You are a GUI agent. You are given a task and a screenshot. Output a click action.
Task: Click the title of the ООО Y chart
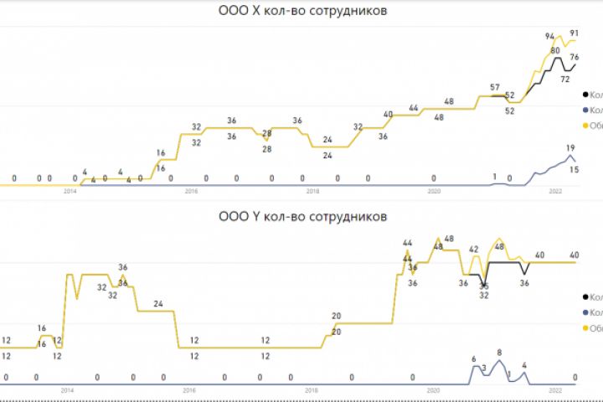pos(302,217)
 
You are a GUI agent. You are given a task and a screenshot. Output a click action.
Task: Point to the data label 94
pos(550,37)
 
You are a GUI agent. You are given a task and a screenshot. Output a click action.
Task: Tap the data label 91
pos(575,33)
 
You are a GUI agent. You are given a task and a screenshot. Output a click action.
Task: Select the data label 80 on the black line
pos(554,51)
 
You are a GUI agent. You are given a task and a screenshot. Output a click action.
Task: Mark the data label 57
pos(495,88)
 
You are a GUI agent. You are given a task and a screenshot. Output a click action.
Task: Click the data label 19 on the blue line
pos(570,147)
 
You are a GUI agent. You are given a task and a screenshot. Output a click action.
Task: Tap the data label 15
pos(575,170)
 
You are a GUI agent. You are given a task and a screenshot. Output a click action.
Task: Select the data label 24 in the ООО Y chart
pos(157,304)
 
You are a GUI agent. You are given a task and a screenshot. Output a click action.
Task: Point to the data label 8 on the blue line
pos(499,353)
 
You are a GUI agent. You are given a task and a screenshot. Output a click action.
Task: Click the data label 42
pos(474,250)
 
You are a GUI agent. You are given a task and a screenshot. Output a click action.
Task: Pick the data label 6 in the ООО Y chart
pos(474,358)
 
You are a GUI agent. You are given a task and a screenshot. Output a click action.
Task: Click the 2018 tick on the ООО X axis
pos(312,192)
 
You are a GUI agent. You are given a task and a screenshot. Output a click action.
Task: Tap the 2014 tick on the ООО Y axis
pos(69,390)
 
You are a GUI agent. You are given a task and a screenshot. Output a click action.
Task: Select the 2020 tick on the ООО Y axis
pos(434,390)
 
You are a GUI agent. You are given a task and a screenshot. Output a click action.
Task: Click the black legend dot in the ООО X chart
pos(585,95)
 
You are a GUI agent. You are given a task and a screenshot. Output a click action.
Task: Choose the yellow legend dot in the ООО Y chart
pos(585,328)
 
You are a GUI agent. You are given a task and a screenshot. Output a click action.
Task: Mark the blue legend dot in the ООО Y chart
pos(585,312)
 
